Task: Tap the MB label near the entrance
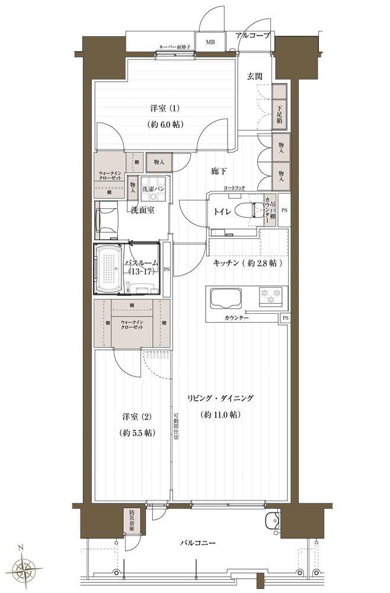point(210,42)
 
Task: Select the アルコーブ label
point(252,36)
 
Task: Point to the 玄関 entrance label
point(255,76)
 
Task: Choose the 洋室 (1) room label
point(165,109)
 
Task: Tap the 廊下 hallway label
point(218,171)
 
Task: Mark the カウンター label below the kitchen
point(236,318)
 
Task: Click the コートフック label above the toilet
point(234,188)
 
